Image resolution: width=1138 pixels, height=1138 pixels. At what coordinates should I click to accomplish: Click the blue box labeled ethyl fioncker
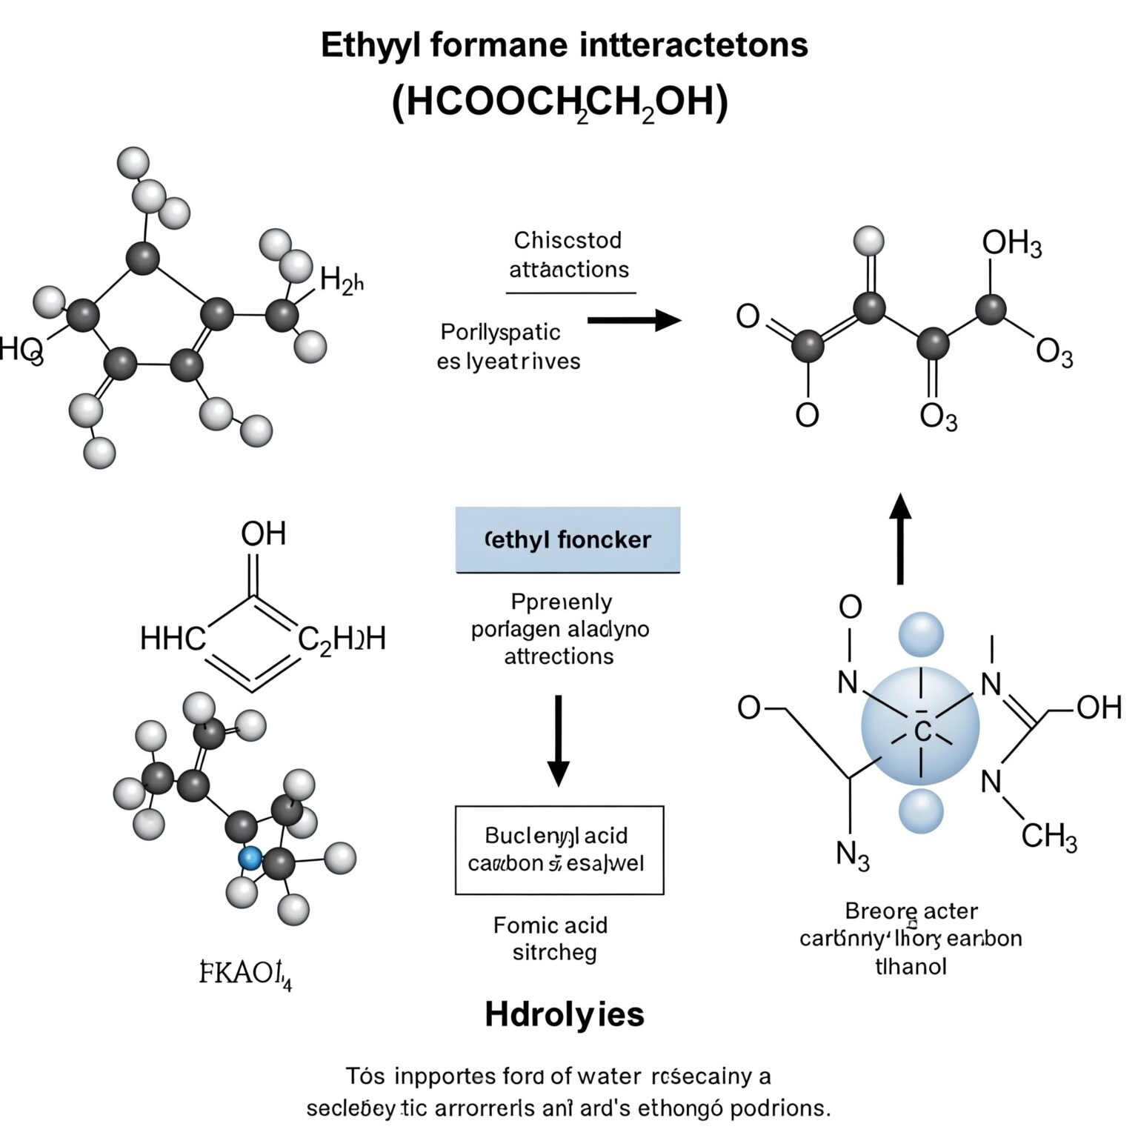568,539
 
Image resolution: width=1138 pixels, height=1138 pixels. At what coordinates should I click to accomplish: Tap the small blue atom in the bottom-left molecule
250,858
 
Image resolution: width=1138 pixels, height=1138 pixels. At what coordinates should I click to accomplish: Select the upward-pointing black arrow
900,539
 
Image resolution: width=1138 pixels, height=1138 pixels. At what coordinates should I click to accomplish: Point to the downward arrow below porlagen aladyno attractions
558,740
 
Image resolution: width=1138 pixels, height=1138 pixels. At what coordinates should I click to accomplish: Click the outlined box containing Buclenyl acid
559,850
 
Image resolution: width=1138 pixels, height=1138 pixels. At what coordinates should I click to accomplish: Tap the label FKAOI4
245,973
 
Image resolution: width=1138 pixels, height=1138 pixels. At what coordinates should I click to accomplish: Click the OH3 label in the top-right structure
1011,243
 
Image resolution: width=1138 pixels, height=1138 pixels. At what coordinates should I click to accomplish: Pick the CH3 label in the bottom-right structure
1048,836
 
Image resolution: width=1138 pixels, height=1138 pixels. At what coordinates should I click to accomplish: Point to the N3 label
852,855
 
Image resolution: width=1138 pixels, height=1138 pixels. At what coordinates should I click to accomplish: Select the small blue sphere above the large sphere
921,635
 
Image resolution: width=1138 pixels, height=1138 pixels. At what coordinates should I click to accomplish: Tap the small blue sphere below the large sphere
921,811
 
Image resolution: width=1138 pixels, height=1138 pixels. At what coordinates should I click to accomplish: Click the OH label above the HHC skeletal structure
263,533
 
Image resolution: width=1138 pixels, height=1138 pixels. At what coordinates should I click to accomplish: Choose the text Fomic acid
550,925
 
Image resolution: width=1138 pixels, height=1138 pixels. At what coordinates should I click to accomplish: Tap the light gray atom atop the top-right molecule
868,241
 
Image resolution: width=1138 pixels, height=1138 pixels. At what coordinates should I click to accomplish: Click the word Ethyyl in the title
370,45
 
